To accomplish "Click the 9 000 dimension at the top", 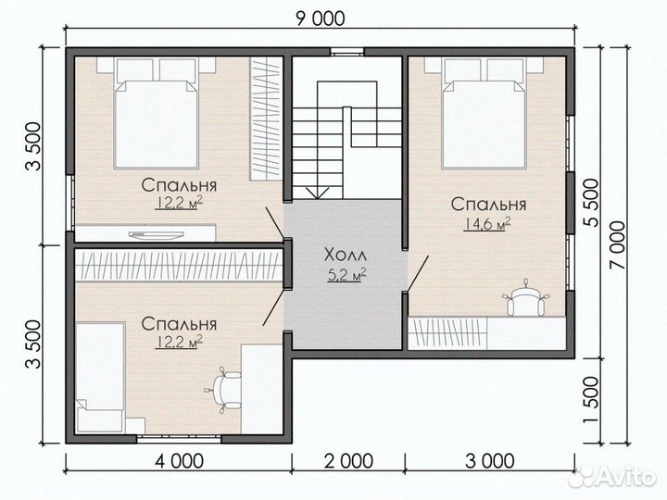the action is pos(320,19).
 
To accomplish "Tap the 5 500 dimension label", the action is pos(590,203).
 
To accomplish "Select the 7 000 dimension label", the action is pos(618,244).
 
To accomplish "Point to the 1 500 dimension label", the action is pos(591,400).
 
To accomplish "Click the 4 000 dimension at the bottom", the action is pos(179,461).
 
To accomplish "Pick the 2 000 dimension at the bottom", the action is pos(349,461).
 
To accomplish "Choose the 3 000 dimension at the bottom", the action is pos(490,461).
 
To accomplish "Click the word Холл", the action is pos(345,256).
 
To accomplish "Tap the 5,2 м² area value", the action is pos(347,275).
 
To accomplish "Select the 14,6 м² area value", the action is pos(487,224).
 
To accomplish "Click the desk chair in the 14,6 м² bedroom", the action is pos(526,297).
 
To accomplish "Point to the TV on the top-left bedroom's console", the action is pos(157,234).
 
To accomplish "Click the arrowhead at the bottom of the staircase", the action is pos(317,194).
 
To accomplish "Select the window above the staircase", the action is pos(347,52).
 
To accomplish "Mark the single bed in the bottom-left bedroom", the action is pos(100,377).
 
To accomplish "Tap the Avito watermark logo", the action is pos(611,477).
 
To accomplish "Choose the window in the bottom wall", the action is pos(179,438).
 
